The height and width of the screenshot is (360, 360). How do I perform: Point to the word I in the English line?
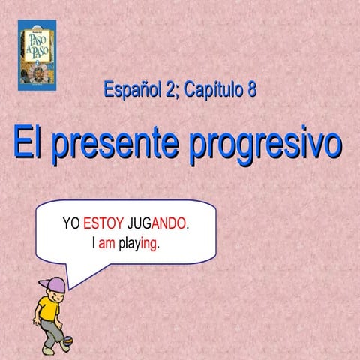click(x=94, y=244)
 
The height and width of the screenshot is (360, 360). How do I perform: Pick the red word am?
click(x=107, y=244)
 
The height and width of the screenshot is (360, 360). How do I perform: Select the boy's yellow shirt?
click(x=49, y=308)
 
